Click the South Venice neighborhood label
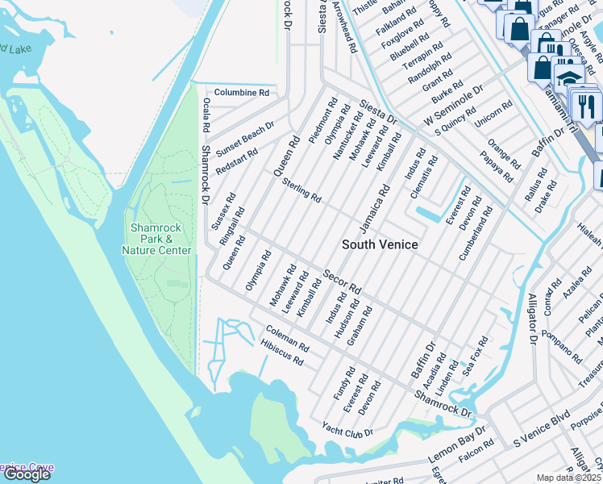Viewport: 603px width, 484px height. click(x=380, y=244)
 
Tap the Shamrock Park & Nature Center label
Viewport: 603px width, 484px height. click(x=160, y=239)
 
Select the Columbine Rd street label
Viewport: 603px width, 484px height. click(x=241, y=93)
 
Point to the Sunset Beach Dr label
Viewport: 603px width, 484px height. click(x=245, y=137)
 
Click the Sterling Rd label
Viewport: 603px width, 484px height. click(x=302, y=190)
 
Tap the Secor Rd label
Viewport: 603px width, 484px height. click(x=342, y=282)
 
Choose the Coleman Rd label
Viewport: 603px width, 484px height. click(x=287, y=338)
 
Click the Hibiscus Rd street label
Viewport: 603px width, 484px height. click(x=282, y=353)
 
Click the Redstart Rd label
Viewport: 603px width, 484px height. click(x=237, y=162)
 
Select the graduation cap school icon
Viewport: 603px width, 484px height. click(x=569, y=80)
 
